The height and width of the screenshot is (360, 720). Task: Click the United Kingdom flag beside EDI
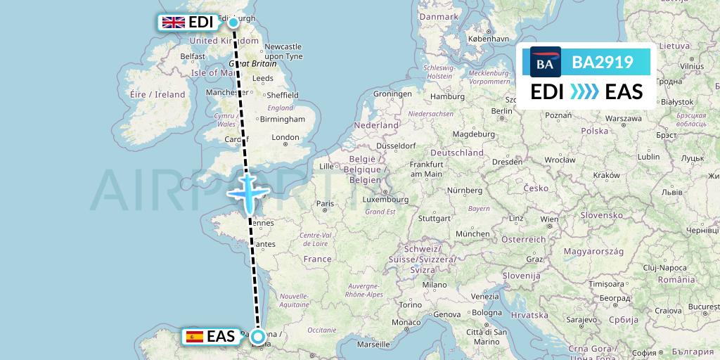(174, 22)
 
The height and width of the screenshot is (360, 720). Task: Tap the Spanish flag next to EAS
(195, 337)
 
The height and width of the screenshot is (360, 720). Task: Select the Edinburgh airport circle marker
(233, 22)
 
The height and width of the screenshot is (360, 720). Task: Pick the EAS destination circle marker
(258, 337)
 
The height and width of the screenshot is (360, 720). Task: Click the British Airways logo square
(545, 64)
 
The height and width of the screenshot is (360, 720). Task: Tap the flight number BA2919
(603, 64)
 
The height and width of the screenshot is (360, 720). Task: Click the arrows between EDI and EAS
(585, 92)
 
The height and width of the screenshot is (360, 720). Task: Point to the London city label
(285, 137)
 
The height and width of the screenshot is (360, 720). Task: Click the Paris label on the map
(324, 204)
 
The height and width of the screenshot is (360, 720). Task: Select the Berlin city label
(502, 110)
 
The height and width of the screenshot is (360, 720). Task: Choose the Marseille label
(373, 345)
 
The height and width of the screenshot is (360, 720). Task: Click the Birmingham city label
(282, 119)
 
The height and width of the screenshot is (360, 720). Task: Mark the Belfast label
(192, 56)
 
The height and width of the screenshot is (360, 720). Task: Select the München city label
(472, 233)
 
